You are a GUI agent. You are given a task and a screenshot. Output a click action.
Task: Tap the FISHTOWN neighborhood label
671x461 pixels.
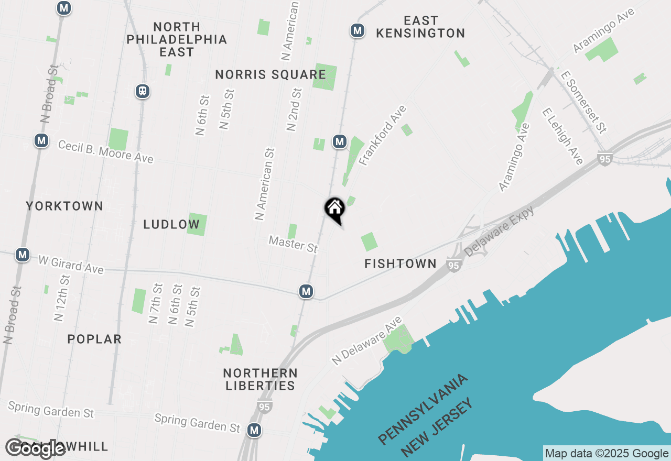click(401, 264)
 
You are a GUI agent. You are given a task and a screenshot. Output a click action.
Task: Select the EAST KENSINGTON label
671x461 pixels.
click(420, 27)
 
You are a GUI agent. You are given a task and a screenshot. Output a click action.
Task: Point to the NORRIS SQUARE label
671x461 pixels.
click(270, 75)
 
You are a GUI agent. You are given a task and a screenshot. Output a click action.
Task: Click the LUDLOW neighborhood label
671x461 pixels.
click(171, 225)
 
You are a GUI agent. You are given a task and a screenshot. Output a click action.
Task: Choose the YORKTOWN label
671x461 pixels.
click(64, 206)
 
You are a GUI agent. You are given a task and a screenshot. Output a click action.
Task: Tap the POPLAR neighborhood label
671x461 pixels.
click(94, 339)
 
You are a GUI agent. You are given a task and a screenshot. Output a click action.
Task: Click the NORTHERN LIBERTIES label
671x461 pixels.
click(260, 379)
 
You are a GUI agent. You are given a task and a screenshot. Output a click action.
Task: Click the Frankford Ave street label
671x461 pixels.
click(383, 136)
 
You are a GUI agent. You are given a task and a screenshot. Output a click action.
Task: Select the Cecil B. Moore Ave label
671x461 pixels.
click(105, 151)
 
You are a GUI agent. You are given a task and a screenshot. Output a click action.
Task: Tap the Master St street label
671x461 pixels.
click(293, 244)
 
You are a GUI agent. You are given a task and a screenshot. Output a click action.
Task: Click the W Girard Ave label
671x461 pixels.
click(71, 264)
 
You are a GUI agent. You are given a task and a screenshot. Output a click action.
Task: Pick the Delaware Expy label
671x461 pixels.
click(499, 230)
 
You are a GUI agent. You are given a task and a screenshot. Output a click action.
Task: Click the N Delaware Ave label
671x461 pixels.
click(367, 341)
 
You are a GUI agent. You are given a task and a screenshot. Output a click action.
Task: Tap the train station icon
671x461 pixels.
click(142, 91)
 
